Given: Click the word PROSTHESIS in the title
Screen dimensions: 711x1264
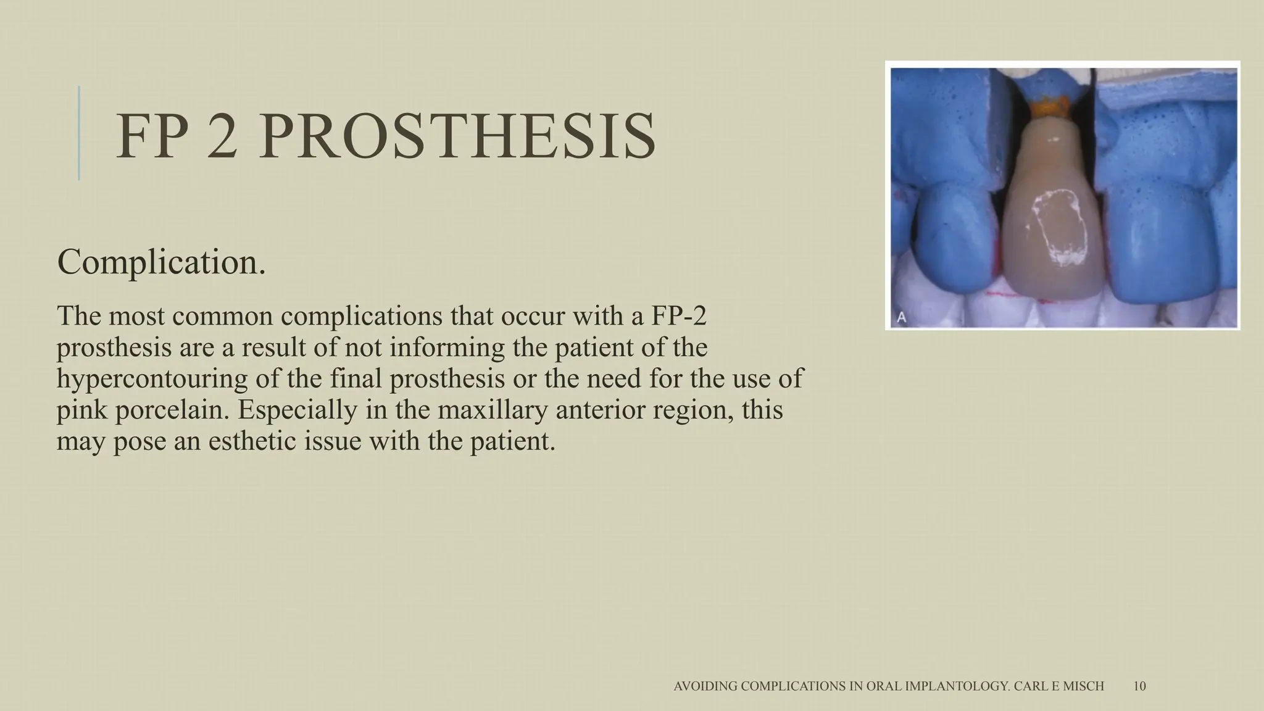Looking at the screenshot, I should [x=457, y=137].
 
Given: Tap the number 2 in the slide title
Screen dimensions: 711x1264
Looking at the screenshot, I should [x=222, y=137].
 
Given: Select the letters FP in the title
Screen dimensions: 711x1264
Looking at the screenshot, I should [x=151, y=137].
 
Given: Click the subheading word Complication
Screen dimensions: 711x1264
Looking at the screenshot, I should [x=162, y=262].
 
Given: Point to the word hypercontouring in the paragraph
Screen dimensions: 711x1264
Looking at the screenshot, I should [x=152, y=378].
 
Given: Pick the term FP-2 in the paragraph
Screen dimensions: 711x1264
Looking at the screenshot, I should [x=678, y=316].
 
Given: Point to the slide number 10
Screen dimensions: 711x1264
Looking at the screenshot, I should [x=1139, y=686].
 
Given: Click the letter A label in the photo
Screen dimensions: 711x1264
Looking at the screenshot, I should [x=902, y=318].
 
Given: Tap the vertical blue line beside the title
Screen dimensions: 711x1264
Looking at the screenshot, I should [x=79, y=133].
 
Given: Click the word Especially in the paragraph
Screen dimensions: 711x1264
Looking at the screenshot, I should [x=297, y=410].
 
